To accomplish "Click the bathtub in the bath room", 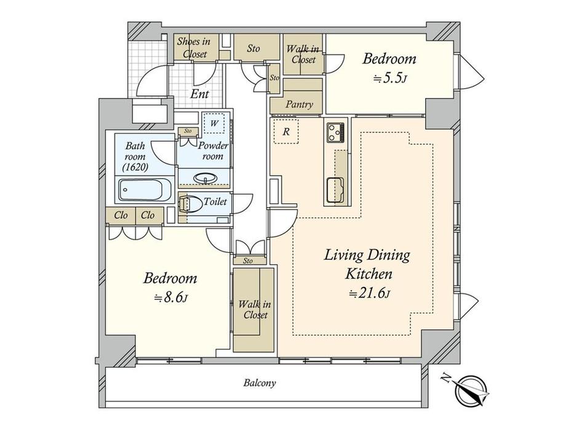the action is click(x=145, y=190).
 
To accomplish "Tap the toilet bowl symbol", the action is click(x=191, y=203).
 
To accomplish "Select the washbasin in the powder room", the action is click(x=205, y=179).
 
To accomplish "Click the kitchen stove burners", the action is click(x=336, y=132).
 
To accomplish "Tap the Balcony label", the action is click(x=260, y=382).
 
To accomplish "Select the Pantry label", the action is click(x=299, y=105).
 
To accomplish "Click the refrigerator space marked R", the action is click(x=286, y=131).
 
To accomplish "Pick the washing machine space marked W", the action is click(x=214, y=123).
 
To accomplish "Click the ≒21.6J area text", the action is click(x=369, y=293).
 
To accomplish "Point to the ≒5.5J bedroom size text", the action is click(x=389, y=78).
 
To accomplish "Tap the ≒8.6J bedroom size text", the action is click(x=170, y=297).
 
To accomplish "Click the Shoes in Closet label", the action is click(x=194, y=47).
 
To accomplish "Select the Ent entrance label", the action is click(x=199, y=94).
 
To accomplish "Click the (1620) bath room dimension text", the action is click(x=135, y=167).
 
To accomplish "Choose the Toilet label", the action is click(x=215, y=201).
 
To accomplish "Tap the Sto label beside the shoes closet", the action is click(x=253, y=48).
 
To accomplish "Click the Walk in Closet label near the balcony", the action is click(x=255, y=310).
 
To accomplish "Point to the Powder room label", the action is click(x=213, y=151).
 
